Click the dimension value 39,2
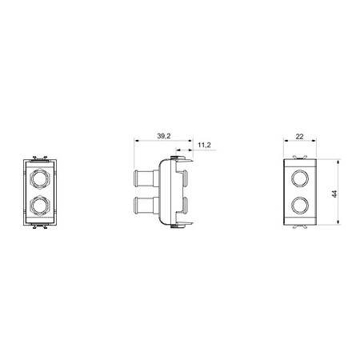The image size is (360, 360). pyautogui.click(x=164, y=136)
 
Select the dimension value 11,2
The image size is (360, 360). pyautogui.click(x=204, y=145)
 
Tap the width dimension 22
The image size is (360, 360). pyautogui.click(x=299, y=137)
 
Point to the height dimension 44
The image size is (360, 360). pyautogui.click(x=334, y=194)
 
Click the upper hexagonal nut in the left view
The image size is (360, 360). pyautogui.click(x=39, y=178)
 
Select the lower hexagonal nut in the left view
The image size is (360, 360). pyautogui.click(x=39, y=206)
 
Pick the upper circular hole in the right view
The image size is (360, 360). pyautogui.click(x=300, y=178)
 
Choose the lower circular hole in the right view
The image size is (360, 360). pyautogui.click(x=300, y=206)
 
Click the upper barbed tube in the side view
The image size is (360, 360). pyautogui.click(x=146, y=178)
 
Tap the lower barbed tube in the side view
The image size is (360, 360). pyautogui.click(x=146, y=206)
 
